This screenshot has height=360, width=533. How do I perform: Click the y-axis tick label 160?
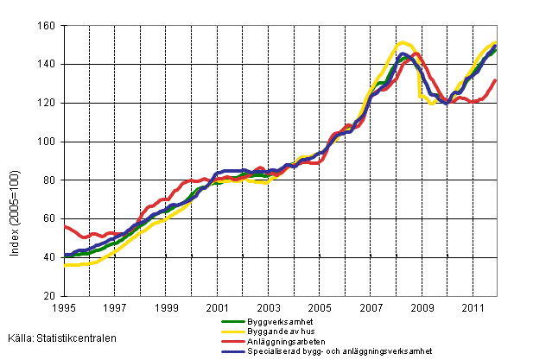point(48,26)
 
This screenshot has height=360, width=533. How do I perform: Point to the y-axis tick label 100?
point(48,142)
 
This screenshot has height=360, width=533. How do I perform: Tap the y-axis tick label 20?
point(51,296)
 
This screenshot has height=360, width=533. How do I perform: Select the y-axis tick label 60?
point(51,218)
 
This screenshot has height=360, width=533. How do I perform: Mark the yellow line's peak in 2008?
point(403,42)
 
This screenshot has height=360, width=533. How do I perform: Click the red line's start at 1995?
point(66,225)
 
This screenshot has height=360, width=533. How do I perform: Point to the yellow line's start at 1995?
point(66,265)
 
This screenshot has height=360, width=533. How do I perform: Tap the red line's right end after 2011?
point(496,80)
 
